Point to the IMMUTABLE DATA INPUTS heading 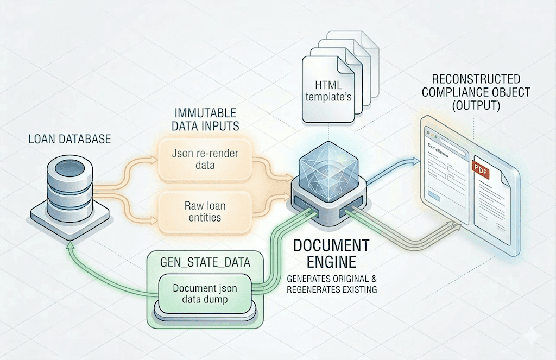[x=205, y=120]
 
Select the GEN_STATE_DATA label [x=205, y=263]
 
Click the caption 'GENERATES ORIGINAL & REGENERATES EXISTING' [x=331, y=284]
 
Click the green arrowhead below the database [x=69, y=245]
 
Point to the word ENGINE [x=331, y=262]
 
